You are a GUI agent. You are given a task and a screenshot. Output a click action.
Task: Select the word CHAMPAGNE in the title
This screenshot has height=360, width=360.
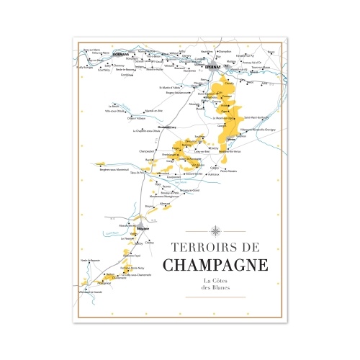pyautogui.click(x=215, y=264)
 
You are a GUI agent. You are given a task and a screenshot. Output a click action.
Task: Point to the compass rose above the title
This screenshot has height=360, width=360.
pyautogui.click(x=215, y=230)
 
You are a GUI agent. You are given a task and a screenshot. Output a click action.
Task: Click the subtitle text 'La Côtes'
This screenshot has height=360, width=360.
pyautogui.click(x=215, y=280)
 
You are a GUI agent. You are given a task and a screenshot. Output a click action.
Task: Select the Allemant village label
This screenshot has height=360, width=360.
pyautogui.click(x=165, y=203)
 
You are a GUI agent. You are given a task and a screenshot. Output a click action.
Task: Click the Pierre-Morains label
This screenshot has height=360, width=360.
pyautogui.click(x=228, y=171)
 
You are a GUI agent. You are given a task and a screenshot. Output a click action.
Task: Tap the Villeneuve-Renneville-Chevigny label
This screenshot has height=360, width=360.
pyautogui.click(x=248, y=129)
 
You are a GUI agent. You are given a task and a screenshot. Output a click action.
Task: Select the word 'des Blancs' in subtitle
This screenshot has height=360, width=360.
pyautogui.click(x=215, y=288)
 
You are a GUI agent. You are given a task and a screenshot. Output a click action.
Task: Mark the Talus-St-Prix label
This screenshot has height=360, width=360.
pyautogui.click(x=138, y=174)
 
